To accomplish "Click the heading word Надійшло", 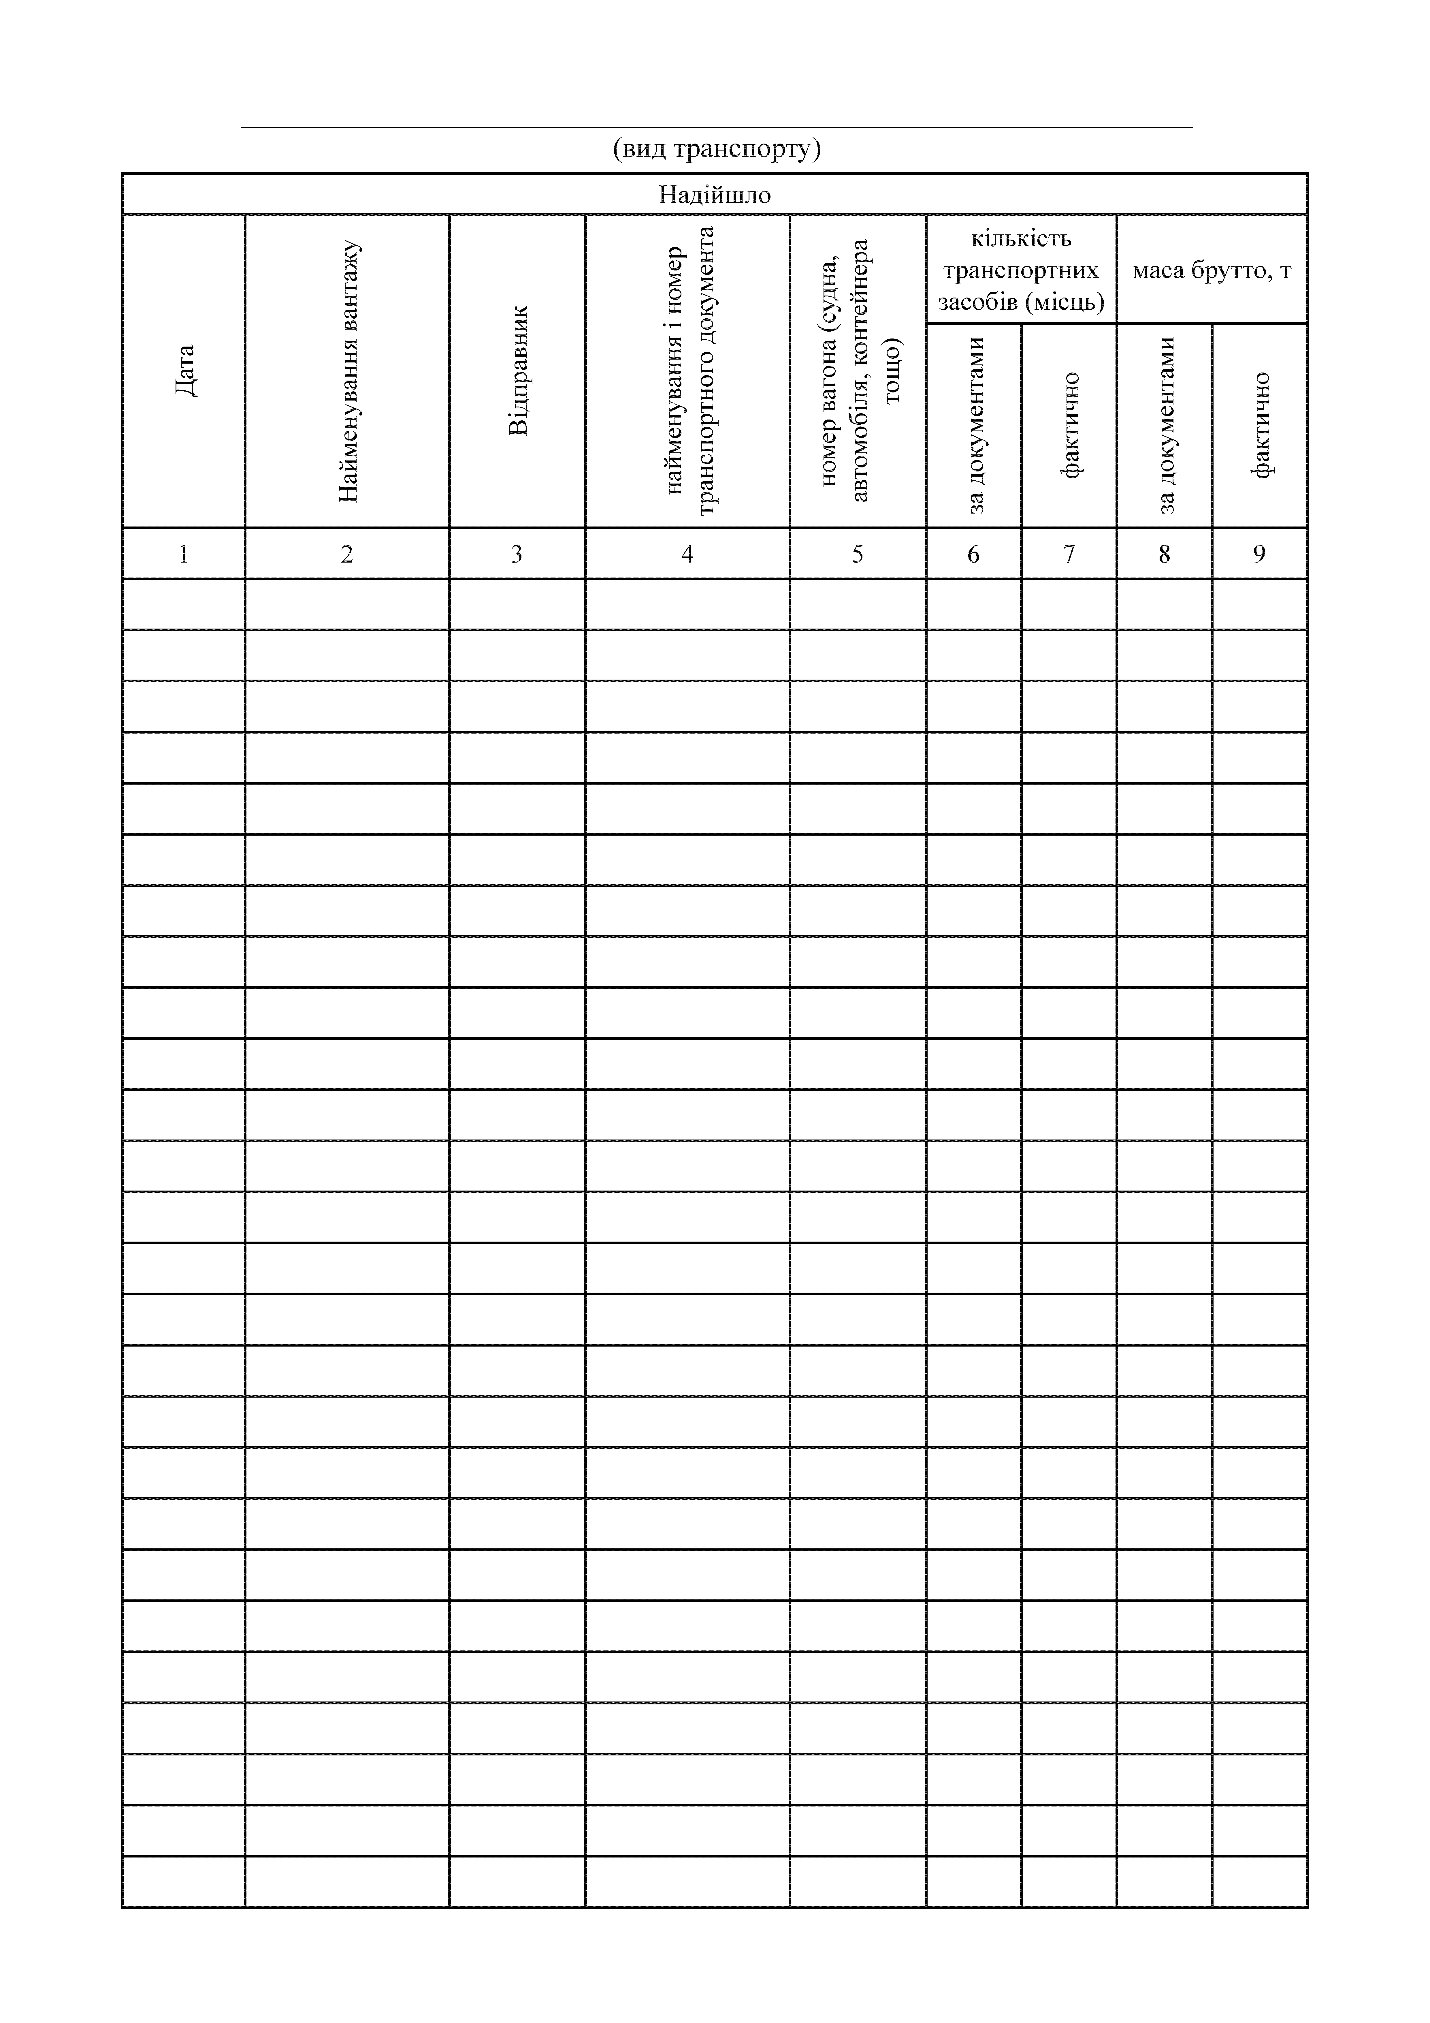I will [x=715, y=195].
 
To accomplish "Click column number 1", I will [x=184, y=554].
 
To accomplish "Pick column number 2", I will [x=347, y=554].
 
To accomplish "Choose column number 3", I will [x=517, y=554].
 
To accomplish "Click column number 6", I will [x=974, y=554].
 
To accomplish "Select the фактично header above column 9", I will [x=1261, y=426].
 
